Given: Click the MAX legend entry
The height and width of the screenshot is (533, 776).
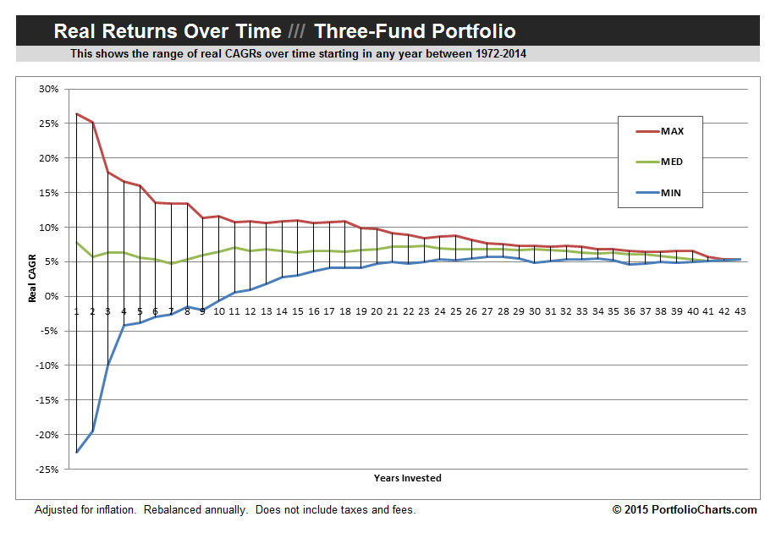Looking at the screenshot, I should (x=672, y=131).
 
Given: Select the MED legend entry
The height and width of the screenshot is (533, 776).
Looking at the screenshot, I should (x=672, y=162).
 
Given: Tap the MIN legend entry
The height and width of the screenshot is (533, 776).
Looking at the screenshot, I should (x=671, y=193).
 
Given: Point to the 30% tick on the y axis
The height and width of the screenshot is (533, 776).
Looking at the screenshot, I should (x=48, y=89).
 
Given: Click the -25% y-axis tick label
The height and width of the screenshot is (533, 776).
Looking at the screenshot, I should (x=47, y=470).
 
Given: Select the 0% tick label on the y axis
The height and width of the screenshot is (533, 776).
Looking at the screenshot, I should (x=51, y=296).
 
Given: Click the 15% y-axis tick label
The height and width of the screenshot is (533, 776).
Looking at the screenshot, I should (x=48, y=193).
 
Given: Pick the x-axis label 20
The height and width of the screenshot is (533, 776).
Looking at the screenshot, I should (x=377, y=310).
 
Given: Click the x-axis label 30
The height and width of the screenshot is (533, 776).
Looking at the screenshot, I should (x=533, y=310).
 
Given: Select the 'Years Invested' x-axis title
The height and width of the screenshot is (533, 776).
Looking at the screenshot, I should (x=407, y=478).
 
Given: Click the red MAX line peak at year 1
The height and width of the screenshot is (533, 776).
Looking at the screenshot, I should (x=76, y=113).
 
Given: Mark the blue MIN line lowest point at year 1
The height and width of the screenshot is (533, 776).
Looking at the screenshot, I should (x=76, y=452).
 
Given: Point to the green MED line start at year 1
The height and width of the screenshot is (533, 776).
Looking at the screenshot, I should (x=76, y=243).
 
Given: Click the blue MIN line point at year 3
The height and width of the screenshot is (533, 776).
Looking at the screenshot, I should (x=108, y=364).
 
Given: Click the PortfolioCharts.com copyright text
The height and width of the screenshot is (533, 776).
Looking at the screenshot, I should (x=685, y=509).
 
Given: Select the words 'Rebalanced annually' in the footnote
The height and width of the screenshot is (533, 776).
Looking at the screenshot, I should (x=195, y=509).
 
